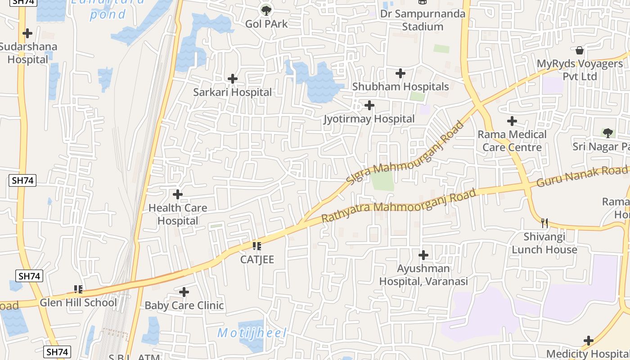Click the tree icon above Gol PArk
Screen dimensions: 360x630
[266, 9]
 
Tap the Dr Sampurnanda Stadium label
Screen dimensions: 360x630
[423, 20]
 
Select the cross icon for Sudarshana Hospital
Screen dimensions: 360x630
[27, 33]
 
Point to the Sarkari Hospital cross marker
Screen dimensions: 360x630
[232, 79]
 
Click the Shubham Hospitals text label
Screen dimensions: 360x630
[400, 86]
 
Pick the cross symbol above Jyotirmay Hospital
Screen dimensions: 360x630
[369, 105]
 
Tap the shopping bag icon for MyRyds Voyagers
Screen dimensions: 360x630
[580, 50]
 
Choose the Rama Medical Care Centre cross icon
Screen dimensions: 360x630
[512, 121]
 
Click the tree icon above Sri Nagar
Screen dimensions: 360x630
[608, 133]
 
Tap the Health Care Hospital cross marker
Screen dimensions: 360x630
[178, 194]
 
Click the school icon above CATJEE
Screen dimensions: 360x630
[257, 246]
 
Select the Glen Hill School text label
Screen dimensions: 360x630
[78, 302]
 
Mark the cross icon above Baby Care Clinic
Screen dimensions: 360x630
[184, 292]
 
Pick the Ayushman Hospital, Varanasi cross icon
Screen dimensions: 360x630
[423, 255]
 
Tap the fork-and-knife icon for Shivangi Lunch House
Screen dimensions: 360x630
[544, 222]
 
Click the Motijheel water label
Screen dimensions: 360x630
[252, 333]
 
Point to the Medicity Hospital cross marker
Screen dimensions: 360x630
[588, 341]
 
